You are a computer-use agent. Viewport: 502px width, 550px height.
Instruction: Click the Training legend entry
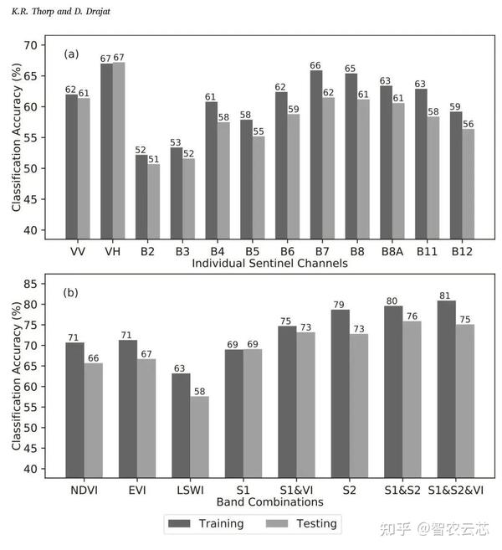pos(206,524)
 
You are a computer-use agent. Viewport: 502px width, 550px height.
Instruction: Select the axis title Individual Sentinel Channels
pos(269,263)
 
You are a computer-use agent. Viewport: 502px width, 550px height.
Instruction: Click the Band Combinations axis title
pos(269,502)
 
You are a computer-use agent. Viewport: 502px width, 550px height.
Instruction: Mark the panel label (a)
pos(72,54)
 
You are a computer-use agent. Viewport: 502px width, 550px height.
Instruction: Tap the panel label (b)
pos(72,293)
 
